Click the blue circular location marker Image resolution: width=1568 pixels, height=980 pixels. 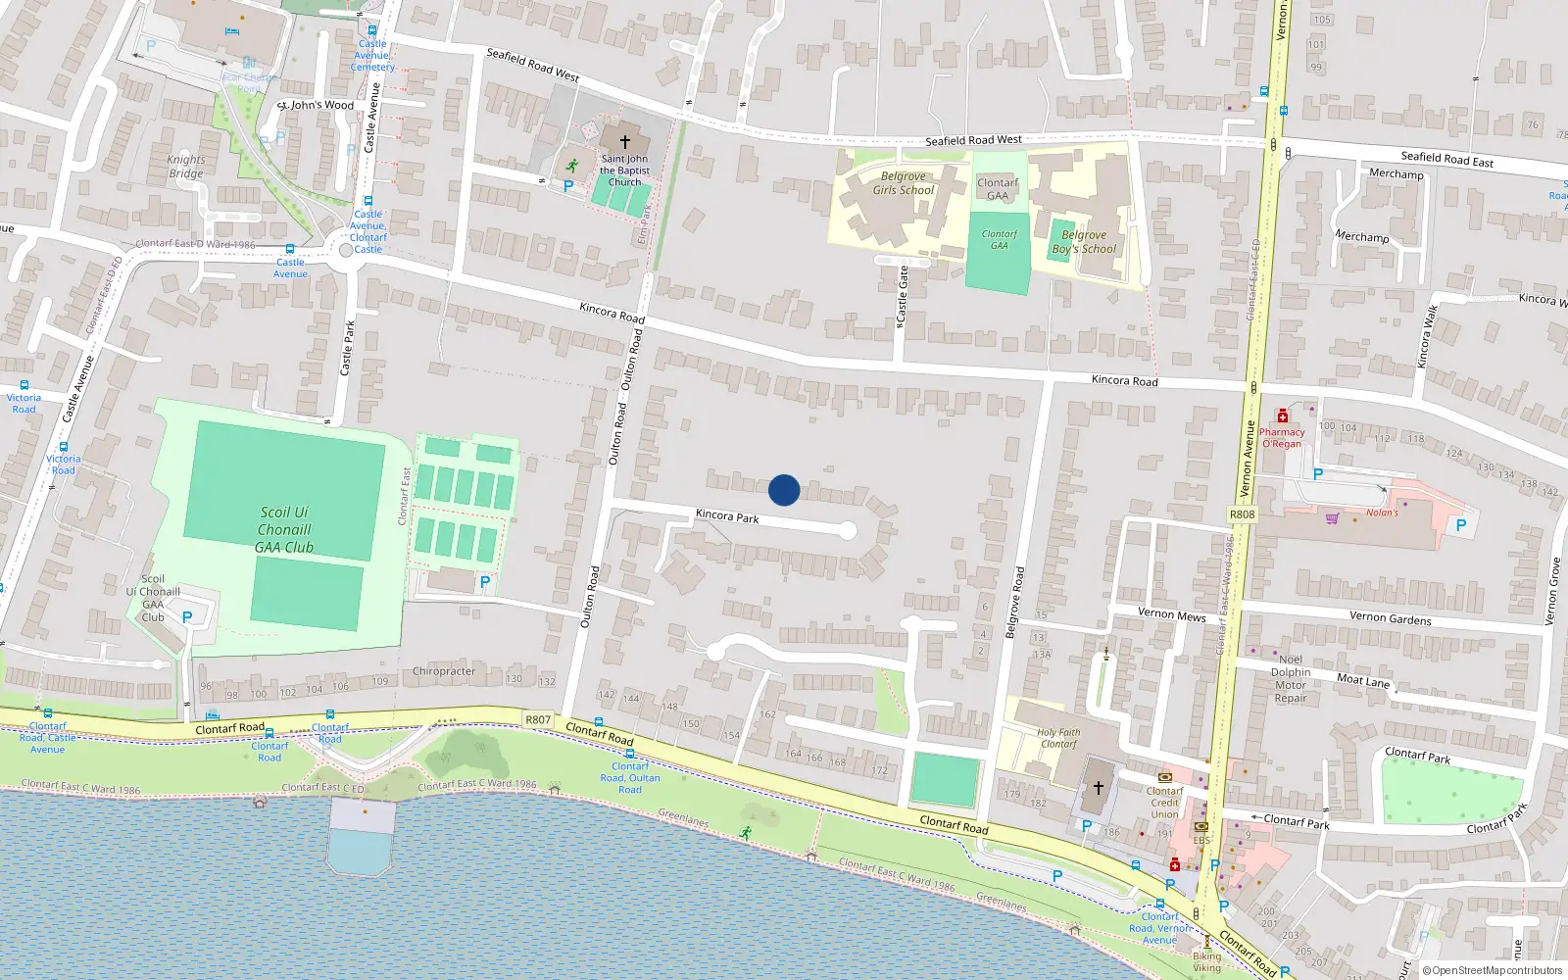[x=784, y=490]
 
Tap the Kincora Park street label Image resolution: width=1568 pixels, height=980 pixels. [x=727, y=515]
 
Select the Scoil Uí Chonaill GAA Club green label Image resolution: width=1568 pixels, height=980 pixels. [x=284, y=529]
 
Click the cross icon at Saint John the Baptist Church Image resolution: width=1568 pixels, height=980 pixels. [x=624, y=142]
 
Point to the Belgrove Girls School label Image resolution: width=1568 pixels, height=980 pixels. [x=904, y=183]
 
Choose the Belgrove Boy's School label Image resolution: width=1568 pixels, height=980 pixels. [x=1084, y=242]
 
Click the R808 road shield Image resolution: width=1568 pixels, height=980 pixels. [x=1242, y=514]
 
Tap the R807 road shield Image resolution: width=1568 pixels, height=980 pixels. [x=538, y=719]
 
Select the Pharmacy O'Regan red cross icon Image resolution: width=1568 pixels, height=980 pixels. [x=1282, y=416]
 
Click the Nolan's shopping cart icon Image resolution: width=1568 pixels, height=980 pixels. [x=1332, y=517]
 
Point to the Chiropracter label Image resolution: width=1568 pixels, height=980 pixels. [x=444, y=671]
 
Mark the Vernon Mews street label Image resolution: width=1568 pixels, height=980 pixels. [x=1171, y=614]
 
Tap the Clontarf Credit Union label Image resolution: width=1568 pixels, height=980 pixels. [x=1164, y=803]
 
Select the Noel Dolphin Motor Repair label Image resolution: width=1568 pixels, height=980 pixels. [x=1291, y=678]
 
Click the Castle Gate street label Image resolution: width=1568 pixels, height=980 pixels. [x=903, y=296]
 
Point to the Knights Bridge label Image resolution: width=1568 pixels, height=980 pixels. [x=186, y=167]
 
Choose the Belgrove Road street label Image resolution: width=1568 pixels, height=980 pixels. [x=1015, y=603]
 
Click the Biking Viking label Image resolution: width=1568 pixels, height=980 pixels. [x=1207, y=961]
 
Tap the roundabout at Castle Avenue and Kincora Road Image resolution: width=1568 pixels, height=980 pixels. [x=345, y=251]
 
